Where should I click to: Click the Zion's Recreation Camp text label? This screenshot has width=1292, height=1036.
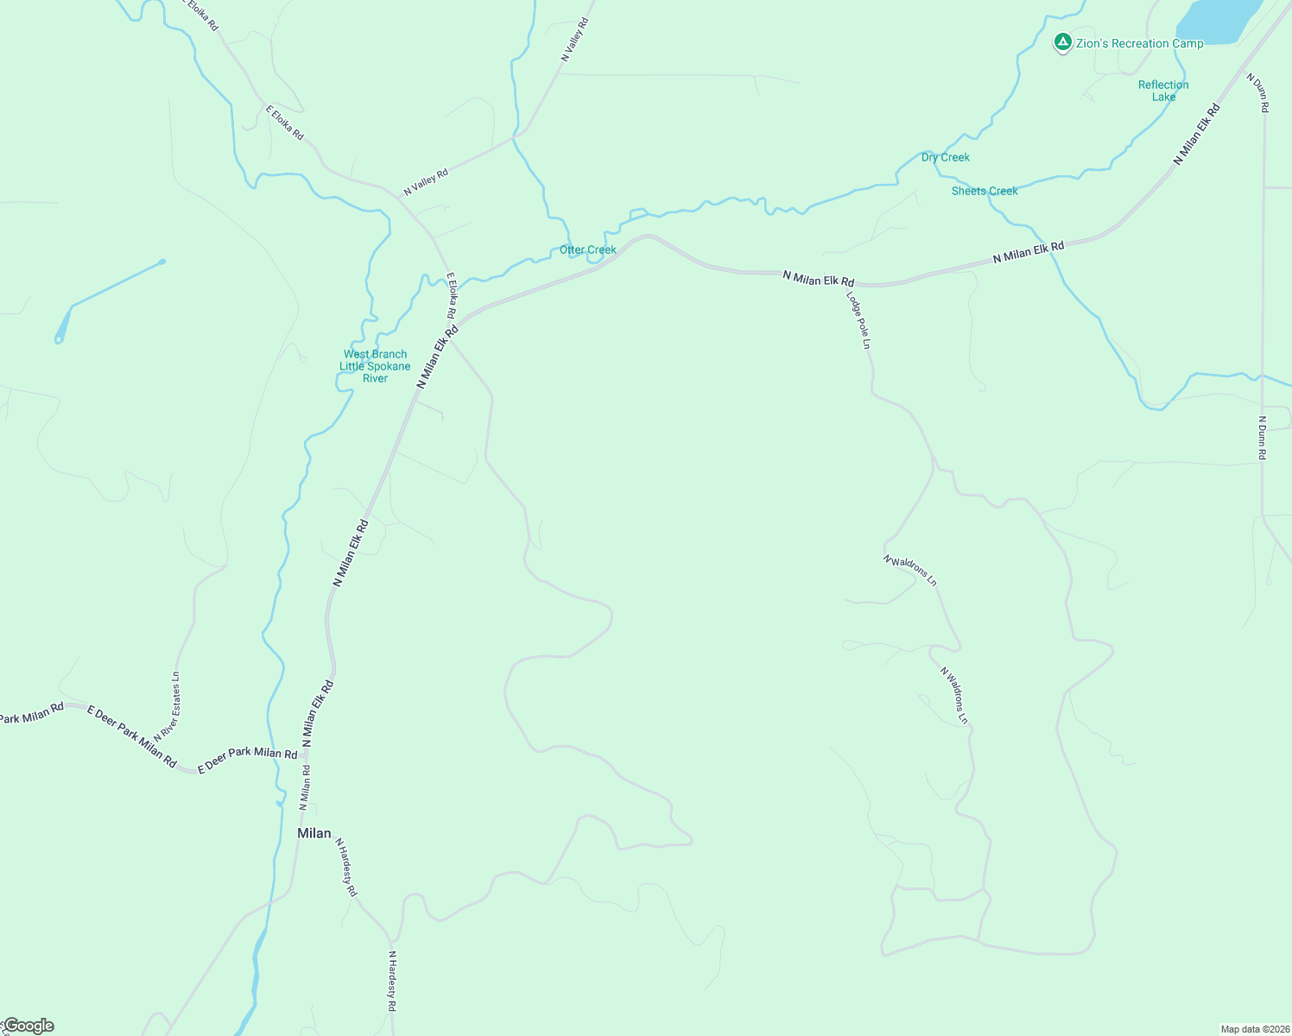click(1139, 43)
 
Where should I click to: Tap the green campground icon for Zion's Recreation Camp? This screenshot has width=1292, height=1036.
click(1063, 41)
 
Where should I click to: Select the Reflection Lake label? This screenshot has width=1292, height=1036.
click(1163, 91)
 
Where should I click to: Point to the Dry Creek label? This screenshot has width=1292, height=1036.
click(945, 157)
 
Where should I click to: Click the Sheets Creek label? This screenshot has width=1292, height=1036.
click(985, 191)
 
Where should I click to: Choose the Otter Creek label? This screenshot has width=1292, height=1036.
click(588, 250)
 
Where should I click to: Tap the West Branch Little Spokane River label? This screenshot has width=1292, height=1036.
click(375, 366)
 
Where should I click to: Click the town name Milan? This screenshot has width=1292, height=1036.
click(313, 833)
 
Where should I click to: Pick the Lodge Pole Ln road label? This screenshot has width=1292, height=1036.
click(858, 319)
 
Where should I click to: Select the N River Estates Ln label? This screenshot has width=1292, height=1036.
click(168, 705)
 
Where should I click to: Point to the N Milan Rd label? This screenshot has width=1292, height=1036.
click(305, 786)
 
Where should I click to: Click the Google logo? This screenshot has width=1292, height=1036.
click(29, 1026)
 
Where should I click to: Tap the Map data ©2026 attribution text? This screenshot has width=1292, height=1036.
click(1254, 1029)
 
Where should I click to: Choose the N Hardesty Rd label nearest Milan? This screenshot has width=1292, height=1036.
click(345, 867)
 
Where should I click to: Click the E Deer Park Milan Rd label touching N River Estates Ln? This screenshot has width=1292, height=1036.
click(132, 736)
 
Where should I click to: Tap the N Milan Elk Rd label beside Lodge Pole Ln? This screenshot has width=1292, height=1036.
click(818, 278)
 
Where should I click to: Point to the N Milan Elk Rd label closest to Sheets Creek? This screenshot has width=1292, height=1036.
click(1028, 252)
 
